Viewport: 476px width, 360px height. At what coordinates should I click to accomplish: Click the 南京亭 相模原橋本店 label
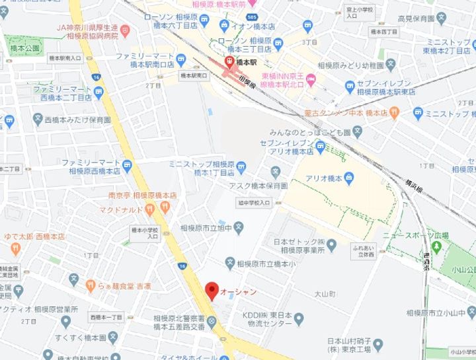[142, 196]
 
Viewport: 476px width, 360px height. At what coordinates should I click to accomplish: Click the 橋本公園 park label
[24, 48]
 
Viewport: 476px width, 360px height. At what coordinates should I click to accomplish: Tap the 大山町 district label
[325, 292]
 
